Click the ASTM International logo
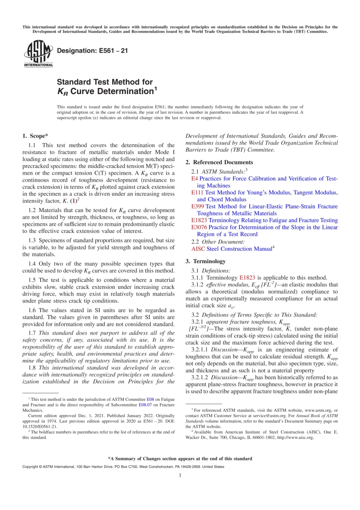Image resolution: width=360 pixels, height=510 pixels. [38, 54]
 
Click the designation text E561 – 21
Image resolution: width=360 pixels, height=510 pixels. [92, 50]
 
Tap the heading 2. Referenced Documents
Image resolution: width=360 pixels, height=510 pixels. [219, 162]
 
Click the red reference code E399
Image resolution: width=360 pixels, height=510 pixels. [197, 206]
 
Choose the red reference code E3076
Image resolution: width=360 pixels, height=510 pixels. [199, 227]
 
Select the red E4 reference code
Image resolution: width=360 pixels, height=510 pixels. [194, 179]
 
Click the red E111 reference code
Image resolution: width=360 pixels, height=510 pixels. [197, 193]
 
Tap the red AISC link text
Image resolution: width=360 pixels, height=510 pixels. [198, 249]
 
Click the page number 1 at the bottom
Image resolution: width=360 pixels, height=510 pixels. [180, 475]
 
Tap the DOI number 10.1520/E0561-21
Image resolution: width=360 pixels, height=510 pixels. [40, 427]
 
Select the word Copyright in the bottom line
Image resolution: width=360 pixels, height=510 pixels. [30, 467]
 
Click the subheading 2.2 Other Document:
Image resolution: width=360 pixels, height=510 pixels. [218, 242]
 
